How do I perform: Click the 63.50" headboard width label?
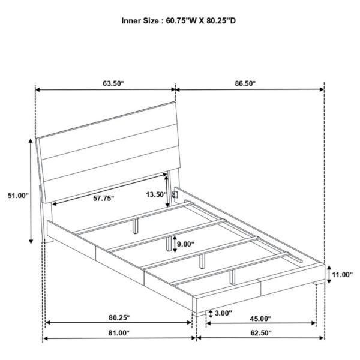113,83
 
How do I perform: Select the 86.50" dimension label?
245,83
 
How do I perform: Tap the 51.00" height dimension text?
18,196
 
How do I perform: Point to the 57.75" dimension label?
104,198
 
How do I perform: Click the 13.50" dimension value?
156,194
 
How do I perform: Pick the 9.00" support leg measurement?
185,244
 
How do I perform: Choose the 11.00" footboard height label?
342,274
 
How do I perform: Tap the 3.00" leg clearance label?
223,313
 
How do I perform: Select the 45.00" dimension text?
260,319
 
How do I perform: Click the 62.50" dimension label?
261,332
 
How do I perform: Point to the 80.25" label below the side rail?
119,318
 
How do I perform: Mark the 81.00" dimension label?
119,332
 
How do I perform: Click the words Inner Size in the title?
140,21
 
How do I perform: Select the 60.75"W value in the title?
182,21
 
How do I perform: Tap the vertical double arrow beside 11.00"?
329,274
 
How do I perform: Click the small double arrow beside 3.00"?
211,314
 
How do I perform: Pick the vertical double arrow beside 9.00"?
175,244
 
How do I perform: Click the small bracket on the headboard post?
176,194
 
